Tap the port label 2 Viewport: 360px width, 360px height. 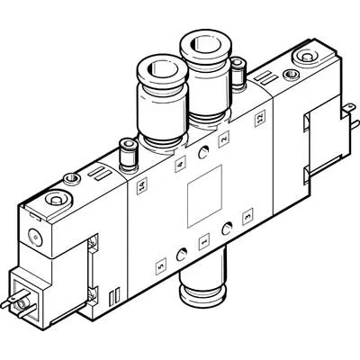pyautogui.click(x=224, y=139)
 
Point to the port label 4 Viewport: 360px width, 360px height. pyautogui.click(x=180, y=165)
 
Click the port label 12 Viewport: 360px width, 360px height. pyautogui.click(x=260, y=119)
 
